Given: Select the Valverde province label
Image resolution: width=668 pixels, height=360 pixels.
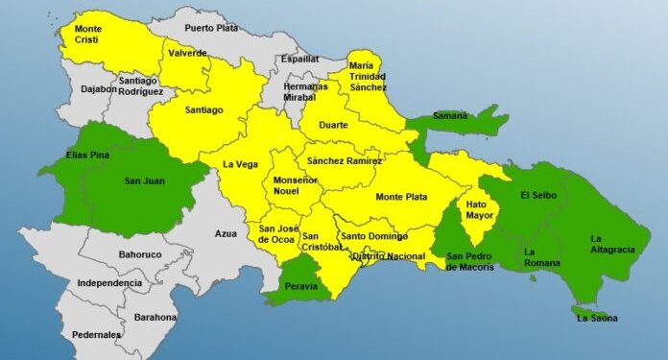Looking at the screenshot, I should pos(187,53).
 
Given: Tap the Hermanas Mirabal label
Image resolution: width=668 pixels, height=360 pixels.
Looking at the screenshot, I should pos(305,92).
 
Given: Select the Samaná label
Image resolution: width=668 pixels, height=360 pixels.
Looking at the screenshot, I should pos(449,115).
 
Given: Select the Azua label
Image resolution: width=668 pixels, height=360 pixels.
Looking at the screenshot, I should pos(226,233).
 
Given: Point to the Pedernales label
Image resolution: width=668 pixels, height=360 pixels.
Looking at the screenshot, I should pos(96,334).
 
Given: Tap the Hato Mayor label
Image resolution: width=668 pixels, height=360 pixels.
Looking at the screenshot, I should pos(477,210).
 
